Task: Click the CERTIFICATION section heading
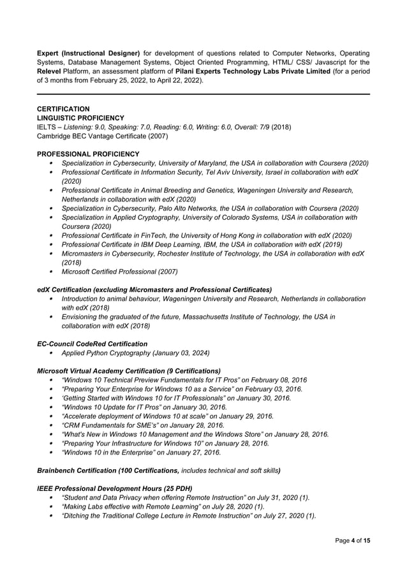pyautogui.click(x=63, y=109)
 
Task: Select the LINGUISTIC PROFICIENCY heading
pyautogui.click(x=80, y=118)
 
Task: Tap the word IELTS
pyautogui.click(x=47, y=127)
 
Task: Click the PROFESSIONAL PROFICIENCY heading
pyautogui.click(x=88, y=154)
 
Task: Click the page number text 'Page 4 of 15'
pyautogui.click(x=353, y=541)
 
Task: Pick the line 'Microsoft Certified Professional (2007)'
pyautogui.click(x=119, y=272)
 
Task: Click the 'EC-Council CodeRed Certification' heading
pyautogui.click(x=92, y=344)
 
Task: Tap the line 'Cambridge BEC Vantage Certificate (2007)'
pyautogui.click(x=103, y=136)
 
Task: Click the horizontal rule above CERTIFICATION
pyautogui.click(x=204, y=94)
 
